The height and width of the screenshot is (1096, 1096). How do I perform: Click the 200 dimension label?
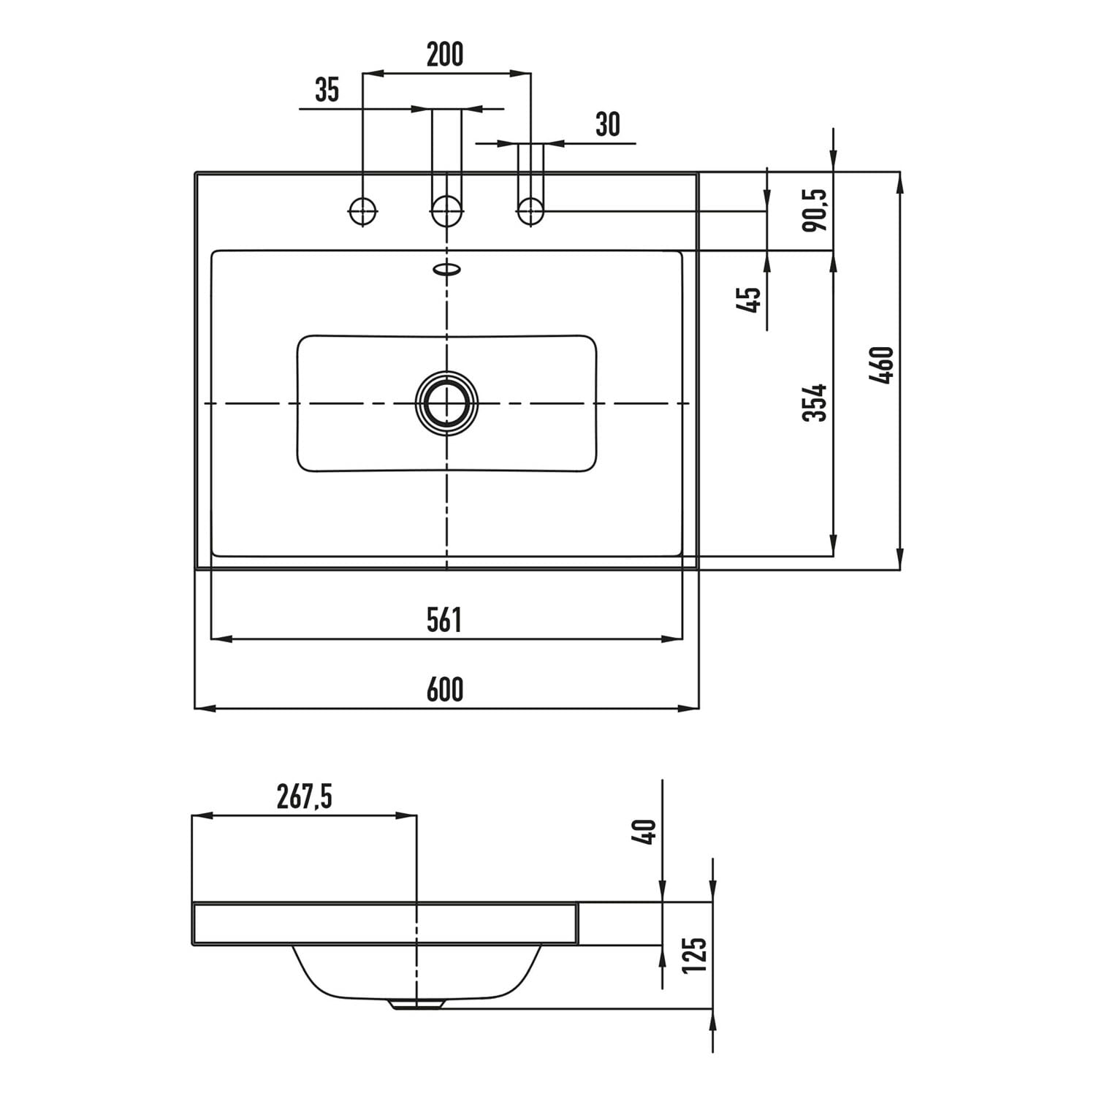point(445,55)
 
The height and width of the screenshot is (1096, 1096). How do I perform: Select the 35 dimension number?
point(327,90)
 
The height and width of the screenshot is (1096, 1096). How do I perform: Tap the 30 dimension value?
point(607,125)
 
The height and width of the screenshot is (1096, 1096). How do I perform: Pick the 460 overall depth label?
point(882,365)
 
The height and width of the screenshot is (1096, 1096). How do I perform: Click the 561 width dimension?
point(444,620)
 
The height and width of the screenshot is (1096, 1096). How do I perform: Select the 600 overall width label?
point(445,690)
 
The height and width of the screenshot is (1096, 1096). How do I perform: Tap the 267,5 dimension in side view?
point(304,797)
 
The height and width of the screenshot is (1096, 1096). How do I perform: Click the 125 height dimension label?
point(695,955)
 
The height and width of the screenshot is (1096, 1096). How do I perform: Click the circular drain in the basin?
point(446,403)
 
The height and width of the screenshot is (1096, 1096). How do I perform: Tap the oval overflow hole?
point(447,270)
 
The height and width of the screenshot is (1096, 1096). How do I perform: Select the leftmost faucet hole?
point(362,211)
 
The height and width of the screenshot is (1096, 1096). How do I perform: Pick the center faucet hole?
point(446,212)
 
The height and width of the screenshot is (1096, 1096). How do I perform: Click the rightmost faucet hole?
point(530,212)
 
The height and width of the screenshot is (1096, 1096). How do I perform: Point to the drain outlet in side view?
point(416,1004)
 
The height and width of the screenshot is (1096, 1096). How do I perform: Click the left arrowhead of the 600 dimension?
point(204,708)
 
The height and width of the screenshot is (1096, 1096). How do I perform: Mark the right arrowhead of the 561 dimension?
point(672,639)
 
